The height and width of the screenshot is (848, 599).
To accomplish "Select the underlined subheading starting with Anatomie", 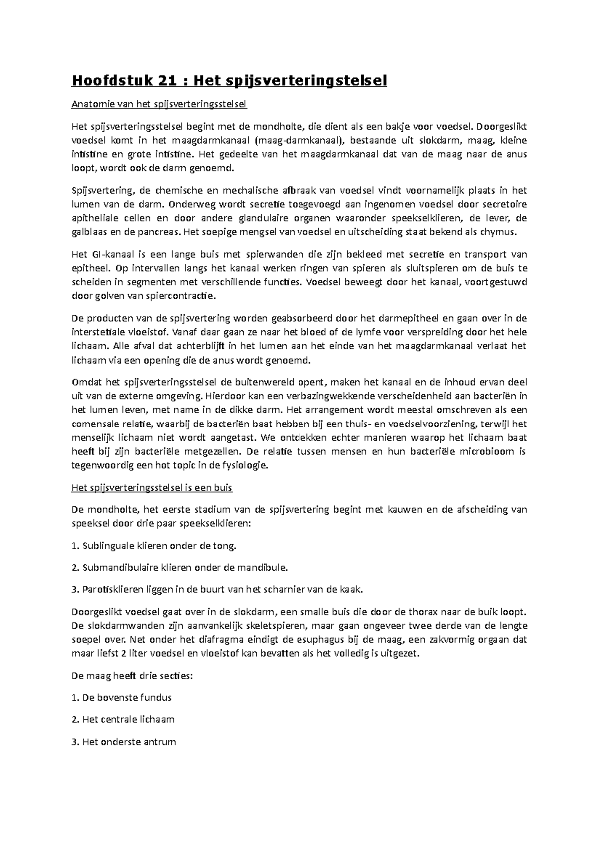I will [x=159, y=104].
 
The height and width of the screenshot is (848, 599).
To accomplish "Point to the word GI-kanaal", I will [x=109, y=254].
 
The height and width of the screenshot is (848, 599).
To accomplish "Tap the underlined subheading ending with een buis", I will [x=152, y=488].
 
